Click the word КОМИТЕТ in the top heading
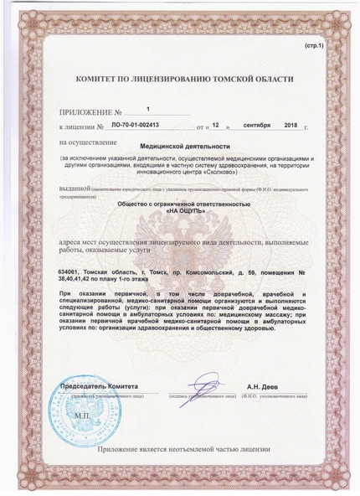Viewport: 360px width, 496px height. pos(99,79)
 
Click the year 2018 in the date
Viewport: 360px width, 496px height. pos(293,125)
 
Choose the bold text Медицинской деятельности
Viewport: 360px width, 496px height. pos(180,145)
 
